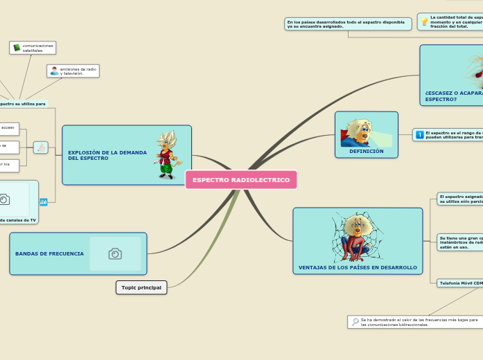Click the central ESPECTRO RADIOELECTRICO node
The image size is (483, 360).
(x=241, y=180)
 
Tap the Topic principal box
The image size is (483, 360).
(x=141, y=287)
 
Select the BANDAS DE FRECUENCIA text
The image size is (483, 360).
(x=49, y=254)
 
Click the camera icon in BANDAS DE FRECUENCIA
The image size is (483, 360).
(x=115, y=254)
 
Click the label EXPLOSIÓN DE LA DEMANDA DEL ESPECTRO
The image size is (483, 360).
(x=107, y=155)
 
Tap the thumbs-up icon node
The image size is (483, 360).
(x=41, y=147)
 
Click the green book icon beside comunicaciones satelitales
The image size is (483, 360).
(x=17, y=48)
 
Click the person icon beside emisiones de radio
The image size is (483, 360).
(x=54, y=71)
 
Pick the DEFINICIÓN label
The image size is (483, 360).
(x=366, y=151)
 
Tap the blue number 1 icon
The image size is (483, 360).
(x=419, y=134)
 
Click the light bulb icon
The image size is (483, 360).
(x=424, y=21)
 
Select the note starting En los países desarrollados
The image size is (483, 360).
(x=348, y=24)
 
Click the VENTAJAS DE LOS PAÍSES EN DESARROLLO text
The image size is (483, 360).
(x=358, y=267)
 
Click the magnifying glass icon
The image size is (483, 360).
(x=355, y=322)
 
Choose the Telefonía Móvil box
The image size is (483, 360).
(x=460, y=282)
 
